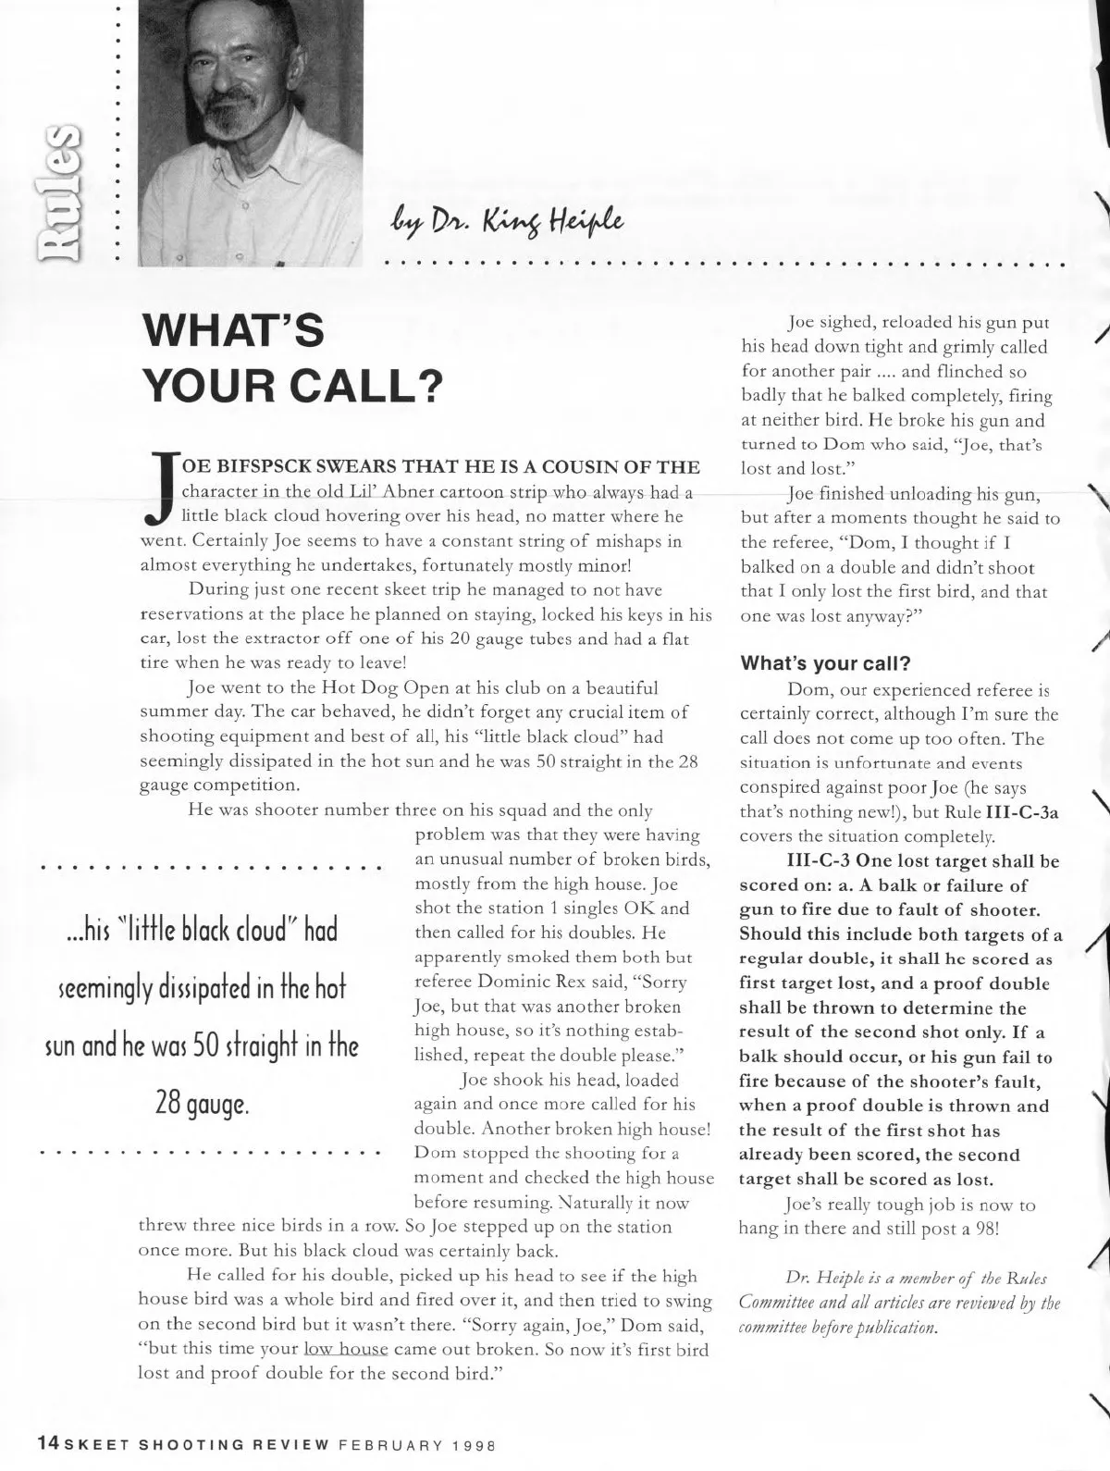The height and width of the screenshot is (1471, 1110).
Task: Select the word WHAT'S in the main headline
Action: [232, 331]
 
